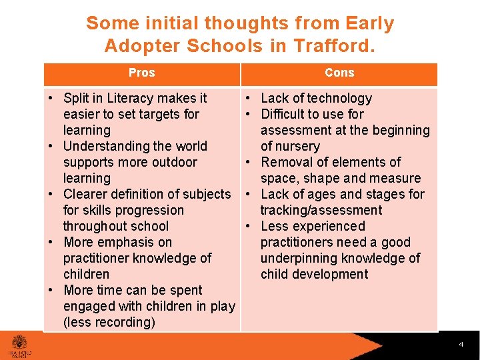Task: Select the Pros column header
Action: click(141, 73)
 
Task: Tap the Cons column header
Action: click(339, 73)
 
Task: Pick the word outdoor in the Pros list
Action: click(175, 162)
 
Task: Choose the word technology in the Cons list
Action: click(337, 98)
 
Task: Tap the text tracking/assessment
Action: click(321, 210)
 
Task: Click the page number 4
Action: click(461, 345)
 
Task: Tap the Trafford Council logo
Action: click(19, 345)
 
